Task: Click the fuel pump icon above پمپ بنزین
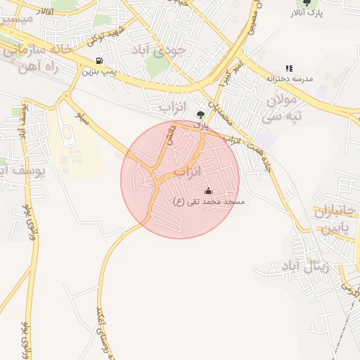tap(99, 60)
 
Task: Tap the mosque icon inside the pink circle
tap(207, 191)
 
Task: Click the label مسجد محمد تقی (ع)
tap(208, 202)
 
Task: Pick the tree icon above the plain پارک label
tap(201, 115)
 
